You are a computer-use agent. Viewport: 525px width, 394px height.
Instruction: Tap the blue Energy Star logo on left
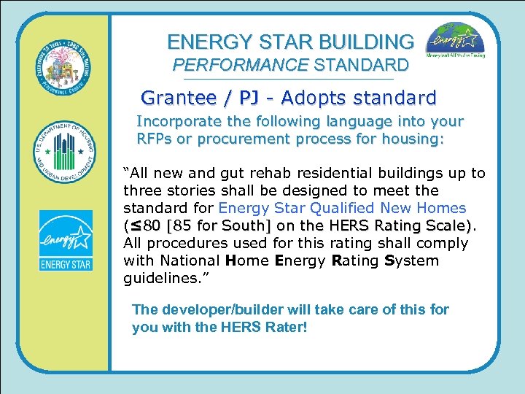66,241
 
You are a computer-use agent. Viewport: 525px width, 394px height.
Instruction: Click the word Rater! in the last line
284,327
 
